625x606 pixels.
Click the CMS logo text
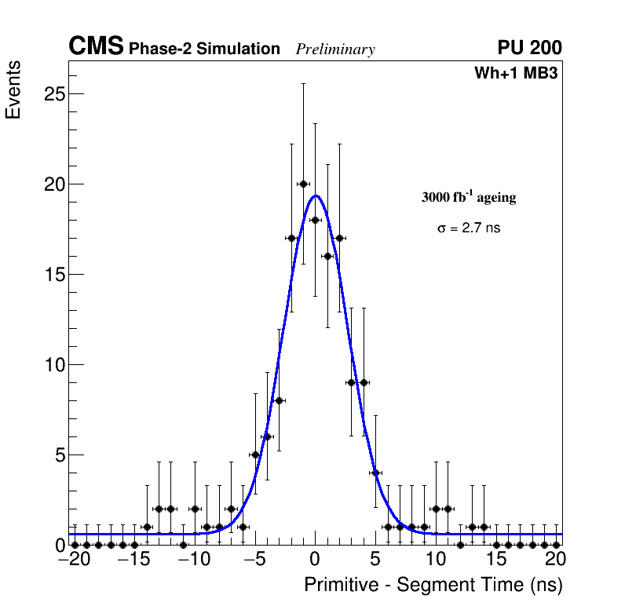click(96, 47)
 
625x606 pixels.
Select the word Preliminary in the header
click(335, 49)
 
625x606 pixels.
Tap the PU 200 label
click(529, 48)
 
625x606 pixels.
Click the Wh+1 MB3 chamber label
click(516, 74)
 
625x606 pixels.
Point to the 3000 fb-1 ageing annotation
click(469, 197)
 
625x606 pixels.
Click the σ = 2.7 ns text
click(469, 228)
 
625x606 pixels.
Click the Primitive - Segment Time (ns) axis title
click(433, 585)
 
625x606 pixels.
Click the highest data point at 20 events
click(303, 184)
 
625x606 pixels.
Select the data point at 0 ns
click(315, 220)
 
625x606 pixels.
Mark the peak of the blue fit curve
click(316, 195)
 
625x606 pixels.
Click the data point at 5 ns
click(375, 473)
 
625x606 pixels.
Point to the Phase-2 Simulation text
click(204, 49)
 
